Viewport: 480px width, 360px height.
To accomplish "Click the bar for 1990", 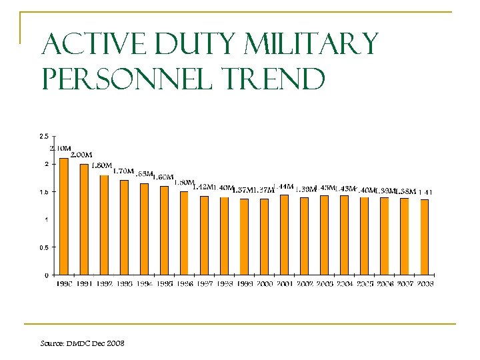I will (64, 216).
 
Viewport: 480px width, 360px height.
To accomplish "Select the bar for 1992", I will (104, 225).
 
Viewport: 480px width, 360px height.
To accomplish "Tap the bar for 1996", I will (184, 233).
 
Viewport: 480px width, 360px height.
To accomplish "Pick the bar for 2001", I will (284, 235).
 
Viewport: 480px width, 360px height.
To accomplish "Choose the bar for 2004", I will (344, 235).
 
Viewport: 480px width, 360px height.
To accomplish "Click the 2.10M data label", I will (61, 148).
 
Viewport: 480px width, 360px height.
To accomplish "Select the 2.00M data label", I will (81, 155).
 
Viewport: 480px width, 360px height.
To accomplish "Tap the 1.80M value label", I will (101, 165).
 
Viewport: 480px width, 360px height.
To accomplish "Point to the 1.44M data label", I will (284, 186).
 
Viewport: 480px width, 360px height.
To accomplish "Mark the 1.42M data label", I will (203, 187).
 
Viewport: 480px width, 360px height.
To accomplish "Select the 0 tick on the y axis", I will (45, 275).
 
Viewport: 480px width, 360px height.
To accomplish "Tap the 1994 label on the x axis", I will (144, 283).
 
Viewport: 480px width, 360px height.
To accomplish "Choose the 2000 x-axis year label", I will (264, 283).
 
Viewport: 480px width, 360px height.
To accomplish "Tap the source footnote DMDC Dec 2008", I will (82, 343).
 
